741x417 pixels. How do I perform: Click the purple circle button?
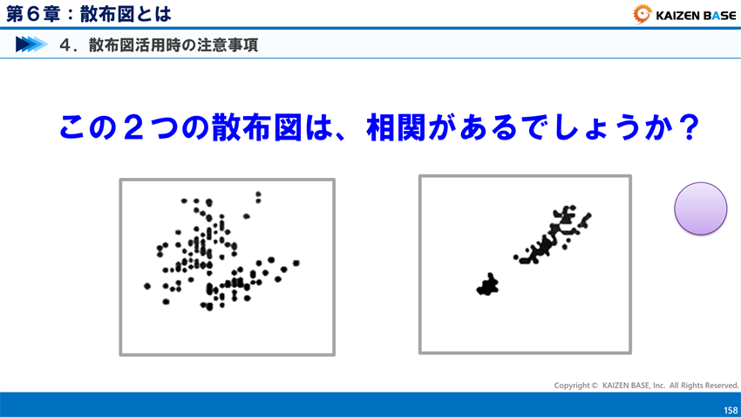point(700,208)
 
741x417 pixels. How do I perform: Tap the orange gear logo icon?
point(642,14)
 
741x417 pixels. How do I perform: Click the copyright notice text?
point(646,385)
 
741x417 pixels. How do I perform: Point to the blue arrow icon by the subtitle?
point(31,44)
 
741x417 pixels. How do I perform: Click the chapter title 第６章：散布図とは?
point(89,14)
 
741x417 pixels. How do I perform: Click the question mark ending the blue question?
point(689,128)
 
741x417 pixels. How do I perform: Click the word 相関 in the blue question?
point(397,128)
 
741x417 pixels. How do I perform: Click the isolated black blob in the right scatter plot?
point(487,285)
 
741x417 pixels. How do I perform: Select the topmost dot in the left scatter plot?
point(258,194)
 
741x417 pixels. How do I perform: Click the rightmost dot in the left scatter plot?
point(296,263)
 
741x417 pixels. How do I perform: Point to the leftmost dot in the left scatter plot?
point(147,285)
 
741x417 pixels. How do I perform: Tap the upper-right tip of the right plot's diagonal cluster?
point(587,215)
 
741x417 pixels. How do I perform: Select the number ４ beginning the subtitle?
point(65,44)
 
